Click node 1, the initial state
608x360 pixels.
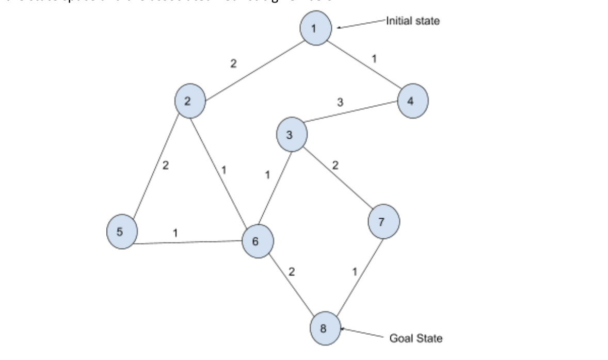315,28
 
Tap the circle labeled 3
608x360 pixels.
292,135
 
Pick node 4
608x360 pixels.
412,101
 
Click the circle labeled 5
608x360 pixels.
122,232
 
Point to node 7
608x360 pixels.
383,222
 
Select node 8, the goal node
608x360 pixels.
325,329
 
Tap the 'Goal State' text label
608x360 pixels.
416,338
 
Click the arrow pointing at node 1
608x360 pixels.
361,24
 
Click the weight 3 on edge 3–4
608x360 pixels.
340,103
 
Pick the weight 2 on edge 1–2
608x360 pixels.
233,64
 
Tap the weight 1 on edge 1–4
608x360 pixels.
375,59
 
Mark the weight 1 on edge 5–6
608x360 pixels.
175,233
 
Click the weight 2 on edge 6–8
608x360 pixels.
292,272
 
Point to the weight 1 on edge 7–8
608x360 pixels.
355,272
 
